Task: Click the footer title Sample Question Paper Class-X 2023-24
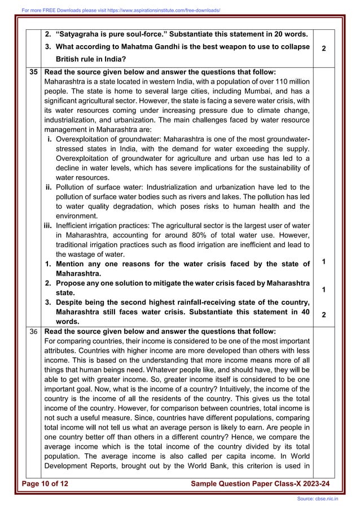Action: (260, 484)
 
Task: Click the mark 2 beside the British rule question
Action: (323, 49)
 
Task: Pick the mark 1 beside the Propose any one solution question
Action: (323, 289)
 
